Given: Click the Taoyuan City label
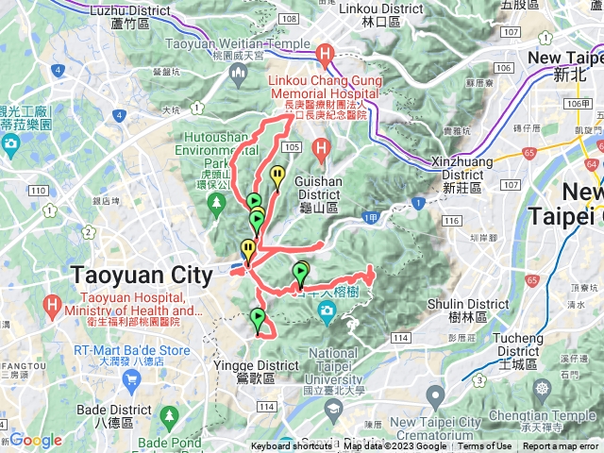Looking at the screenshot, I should coord(143,276).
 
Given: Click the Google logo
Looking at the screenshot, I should coord(35,440).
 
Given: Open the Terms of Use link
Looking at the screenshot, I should coord(485,446).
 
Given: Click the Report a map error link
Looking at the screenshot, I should coord(561,446).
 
